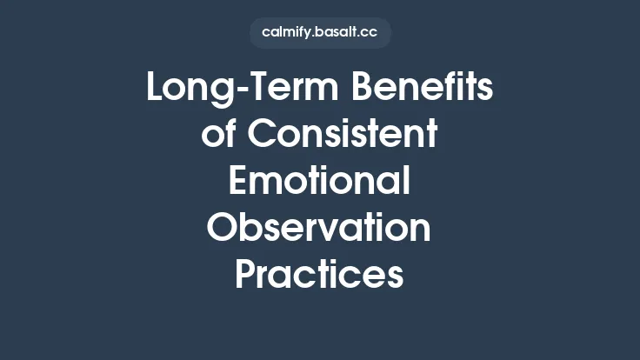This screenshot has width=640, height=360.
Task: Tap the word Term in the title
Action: coord(276,89)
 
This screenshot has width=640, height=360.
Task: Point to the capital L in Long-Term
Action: coord(157,89)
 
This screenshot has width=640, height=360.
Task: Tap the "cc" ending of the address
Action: coord(370,33)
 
